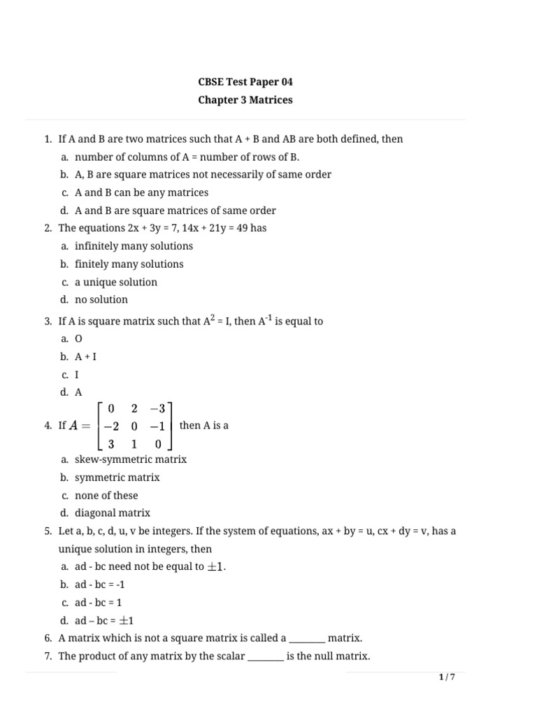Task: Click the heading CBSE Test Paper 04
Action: (x=245, y=82)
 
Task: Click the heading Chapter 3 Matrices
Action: (x=245, y=100)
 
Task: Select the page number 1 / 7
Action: (x=447, y=677)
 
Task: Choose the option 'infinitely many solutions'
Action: (x=134, y=246)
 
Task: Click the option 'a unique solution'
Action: (x=116, y=282)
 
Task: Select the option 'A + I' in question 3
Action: (x=85, y=357)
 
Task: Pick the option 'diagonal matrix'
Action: (x=113, y=513)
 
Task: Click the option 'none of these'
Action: (x=106, y=495)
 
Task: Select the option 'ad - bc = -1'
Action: (x=100, y=585)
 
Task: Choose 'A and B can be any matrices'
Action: (x=141, y=192)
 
